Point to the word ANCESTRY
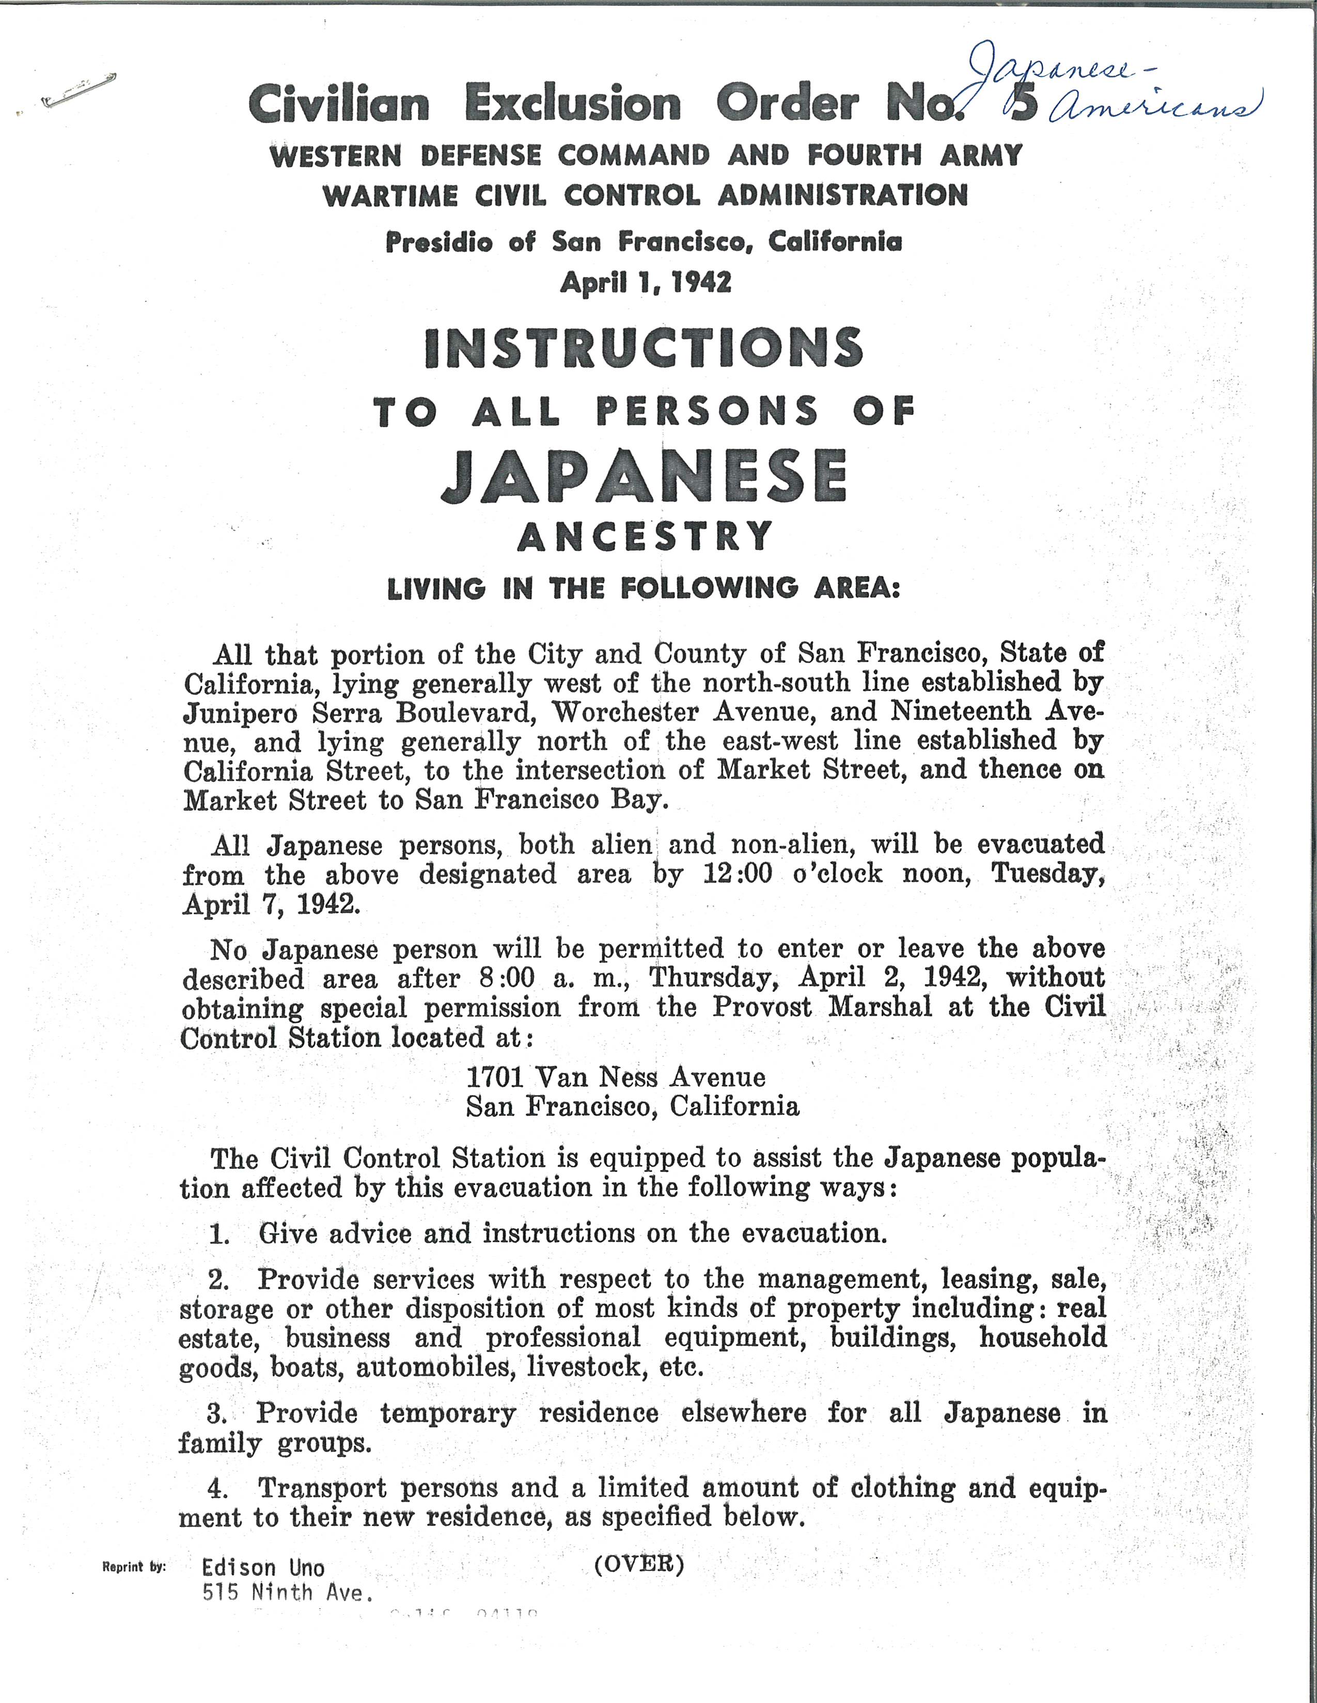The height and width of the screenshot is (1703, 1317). point(645,537)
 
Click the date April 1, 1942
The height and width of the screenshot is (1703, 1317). point(645,281)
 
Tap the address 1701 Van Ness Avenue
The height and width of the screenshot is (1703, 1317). point(616,1077)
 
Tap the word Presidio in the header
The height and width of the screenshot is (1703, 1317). point(438,243)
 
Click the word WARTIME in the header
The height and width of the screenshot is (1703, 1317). point(385,195)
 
